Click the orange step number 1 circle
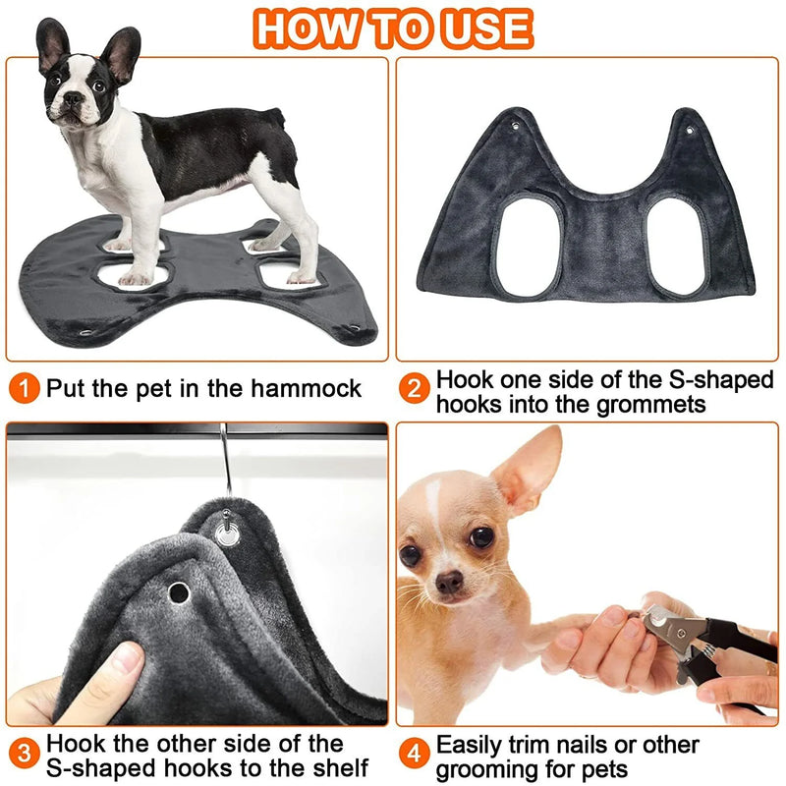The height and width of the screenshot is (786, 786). click(x=24, y=387)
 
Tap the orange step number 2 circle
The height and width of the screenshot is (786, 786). click(x=415, y=387)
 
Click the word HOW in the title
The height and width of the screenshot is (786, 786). click(x=308, y=29)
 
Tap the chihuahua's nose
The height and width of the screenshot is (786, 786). click(x=450, y=583)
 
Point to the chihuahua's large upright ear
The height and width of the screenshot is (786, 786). click(x=528, y=472)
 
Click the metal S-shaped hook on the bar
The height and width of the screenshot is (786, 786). click(x=226, y=462)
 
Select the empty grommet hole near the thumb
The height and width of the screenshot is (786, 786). click(x=179, y=592)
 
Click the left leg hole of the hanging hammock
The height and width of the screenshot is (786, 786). click(x=528, y=247)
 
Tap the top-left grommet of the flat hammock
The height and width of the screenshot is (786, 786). click(x=518, y=126)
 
